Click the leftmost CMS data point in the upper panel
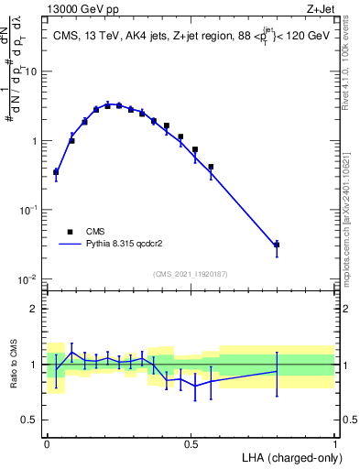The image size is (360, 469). [56, 171]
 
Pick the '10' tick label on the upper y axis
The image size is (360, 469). [34, 71]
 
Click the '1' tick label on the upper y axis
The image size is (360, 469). [37, 141]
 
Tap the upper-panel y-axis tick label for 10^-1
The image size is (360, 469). [30, 210]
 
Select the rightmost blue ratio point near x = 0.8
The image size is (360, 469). [277, 371]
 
